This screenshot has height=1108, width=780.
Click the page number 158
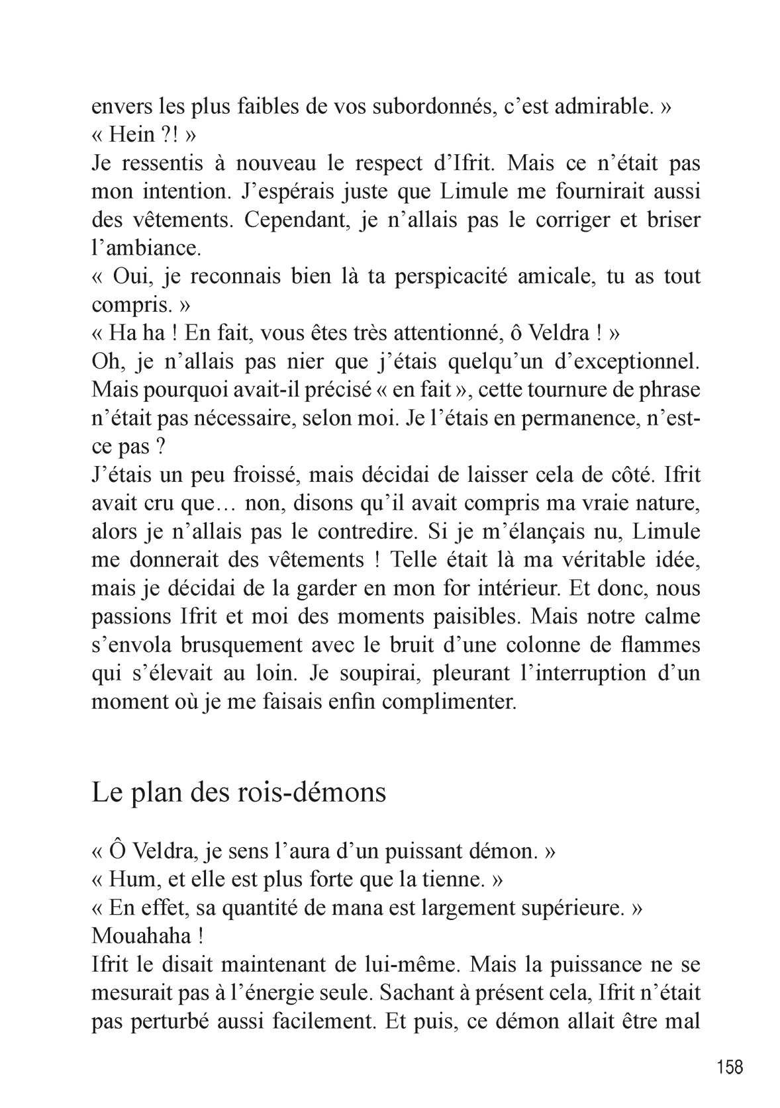tap(730, 1067)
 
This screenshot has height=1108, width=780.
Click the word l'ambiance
tap(144, 248)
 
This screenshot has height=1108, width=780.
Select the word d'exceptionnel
tap(626, 361)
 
